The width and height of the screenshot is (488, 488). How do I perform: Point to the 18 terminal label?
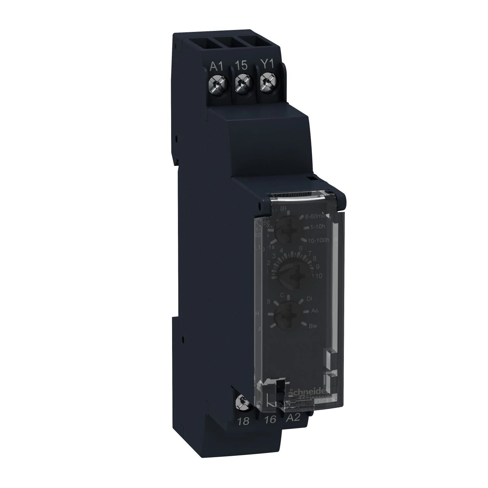point(244,421)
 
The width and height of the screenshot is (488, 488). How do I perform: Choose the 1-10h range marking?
point(319,228)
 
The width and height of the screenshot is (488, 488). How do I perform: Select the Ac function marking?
point(314,311)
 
